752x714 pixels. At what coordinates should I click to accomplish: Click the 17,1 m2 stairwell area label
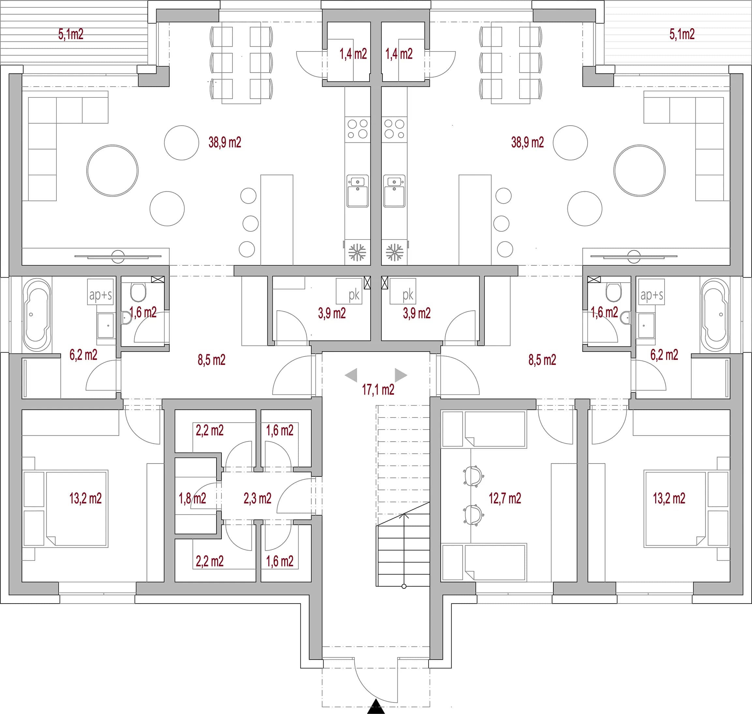click(x=378, y=390)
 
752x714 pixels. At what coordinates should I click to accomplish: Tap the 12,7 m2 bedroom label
click(x=504, y=498)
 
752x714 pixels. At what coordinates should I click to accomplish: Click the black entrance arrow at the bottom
click(x=376, y=707)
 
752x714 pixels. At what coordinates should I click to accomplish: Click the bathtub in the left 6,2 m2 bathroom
click(x=37, y=315)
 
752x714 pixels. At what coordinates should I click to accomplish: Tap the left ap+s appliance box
click(x=100, y=292)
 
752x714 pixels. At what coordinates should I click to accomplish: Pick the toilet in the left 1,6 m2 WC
click(x=138, y=292)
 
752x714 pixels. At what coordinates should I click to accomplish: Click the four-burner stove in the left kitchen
click(x=357, y=129)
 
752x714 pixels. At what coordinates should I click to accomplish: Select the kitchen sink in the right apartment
click(x=394, y=191)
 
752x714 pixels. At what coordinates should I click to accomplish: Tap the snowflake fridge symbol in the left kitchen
click(x=357, y=252)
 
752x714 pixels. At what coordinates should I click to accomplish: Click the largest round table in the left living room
click(x=113, y=170)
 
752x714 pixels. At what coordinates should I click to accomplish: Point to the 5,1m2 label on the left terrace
click(x=71, y=34)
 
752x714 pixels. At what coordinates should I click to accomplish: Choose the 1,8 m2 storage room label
click(x=192, y=498)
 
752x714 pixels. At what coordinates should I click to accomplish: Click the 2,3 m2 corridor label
click(x=258, y=498)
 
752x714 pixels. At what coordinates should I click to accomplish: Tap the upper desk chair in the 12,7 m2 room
click(x=473, y=476)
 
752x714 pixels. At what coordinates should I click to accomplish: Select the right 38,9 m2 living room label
click(x=527, y=142)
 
